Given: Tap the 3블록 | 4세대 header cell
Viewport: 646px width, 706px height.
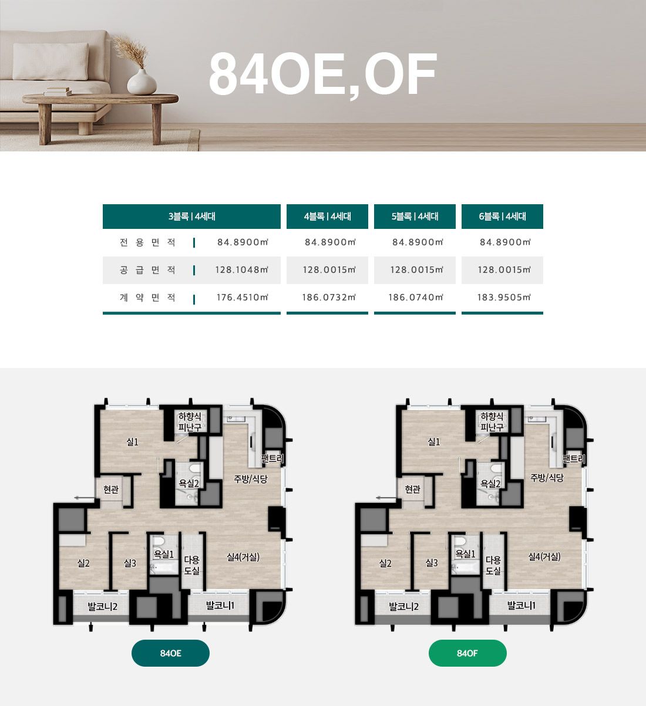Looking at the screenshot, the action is click(x=191, y=216).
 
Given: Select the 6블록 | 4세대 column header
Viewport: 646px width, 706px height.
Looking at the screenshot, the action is click(x=502, y=216).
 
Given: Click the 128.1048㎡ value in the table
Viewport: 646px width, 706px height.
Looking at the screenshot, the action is click(x=242, y=270).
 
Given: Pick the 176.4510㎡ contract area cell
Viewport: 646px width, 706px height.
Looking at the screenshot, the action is click(x=243, y=298).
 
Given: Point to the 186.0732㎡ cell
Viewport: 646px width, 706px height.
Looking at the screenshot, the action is click(x=329, y=298).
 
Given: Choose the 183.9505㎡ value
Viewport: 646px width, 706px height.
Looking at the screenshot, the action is click(x=504, y=298).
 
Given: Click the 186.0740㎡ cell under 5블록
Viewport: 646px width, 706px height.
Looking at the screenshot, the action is click(x=416, y=298).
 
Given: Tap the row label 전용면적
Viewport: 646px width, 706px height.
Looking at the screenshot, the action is click(x=147, y=242).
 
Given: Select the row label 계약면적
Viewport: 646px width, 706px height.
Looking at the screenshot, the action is click(x=147, y=298).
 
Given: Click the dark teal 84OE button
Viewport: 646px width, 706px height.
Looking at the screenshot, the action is click(x=170, y=653).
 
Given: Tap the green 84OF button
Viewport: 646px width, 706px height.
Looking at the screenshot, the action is click(x=467, y=653).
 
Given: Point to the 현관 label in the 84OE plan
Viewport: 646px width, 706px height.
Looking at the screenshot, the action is click(x=111, y=489).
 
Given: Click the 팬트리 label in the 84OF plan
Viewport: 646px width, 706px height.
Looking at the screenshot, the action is click(x=574, y=459).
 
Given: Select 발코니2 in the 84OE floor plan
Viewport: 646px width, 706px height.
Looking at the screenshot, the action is click(x=102, y=606).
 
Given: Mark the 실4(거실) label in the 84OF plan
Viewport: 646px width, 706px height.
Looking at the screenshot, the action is click(x=544, y=556).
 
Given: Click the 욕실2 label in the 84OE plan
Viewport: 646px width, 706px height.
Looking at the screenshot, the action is click(x=189, y=484).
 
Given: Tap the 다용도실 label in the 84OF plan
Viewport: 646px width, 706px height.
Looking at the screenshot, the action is click(x=493, y=565).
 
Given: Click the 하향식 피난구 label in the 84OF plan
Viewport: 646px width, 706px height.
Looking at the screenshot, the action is click(x=492, y=421).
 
